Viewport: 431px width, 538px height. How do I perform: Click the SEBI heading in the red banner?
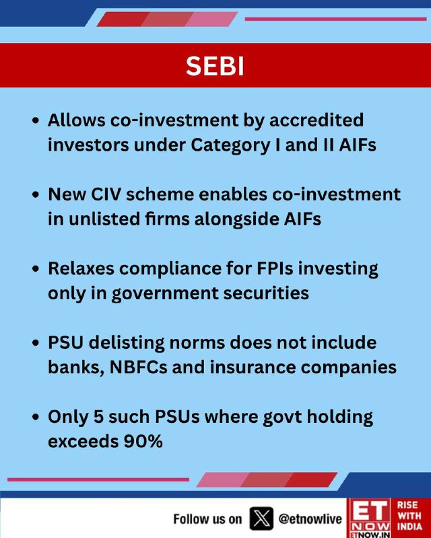pos(215,65)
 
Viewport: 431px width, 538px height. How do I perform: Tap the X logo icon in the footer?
pos(261,518)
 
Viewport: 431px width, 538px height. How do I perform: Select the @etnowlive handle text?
pos(310,518)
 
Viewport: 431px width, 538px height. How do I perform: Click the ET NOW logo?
pos(370,518)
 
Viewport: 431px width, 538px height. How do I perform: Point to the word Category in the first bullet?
pos(230,145)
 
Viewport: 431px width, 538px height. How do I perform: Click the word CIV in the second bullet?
pos(106,194)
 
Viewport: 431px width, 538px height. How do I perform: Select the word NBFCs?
pos(138,367)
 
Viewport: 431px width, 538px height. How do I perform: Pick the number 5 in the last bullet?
pos(98,417)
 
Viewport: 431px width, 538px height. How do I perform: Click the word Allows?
pos(76,120)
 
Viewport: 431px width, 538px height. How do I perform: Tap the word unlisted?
pos(104,219)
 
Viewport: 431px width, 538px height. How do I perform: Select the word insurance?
pos(253,367)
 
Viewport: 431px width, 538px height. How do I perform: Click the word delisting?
pos(127,344)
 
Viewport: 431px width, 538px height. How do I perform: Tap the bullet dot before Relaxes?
pos(36,269)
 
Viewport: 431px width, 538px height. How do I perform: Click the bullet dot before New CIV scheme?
pos(36,195)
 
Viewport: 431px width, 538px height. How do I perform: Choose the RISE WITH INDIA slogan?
pos(409,516)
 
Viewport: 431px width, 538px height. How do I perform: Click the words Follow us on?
pos(207,519)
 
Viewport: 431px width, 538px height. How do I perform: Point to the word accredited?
pos(317,120)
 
